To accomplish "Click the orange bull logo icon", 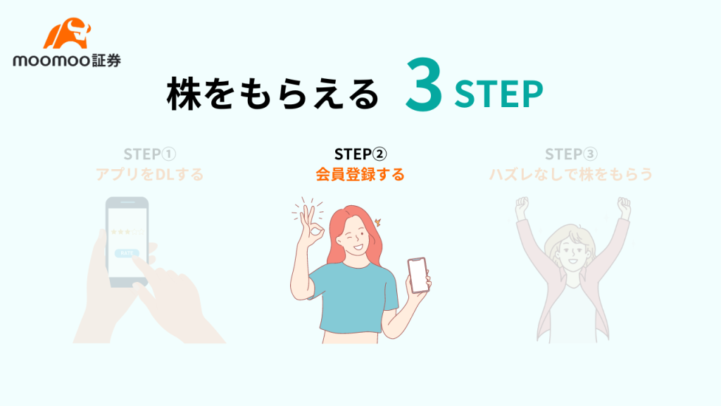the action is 67,33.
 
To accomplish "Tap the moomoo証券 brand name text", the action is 67,61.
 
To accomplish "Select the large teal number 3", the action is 424,85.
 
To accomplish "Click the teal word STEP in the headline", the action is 499,94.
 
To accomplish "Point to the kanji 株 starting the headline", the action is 184,94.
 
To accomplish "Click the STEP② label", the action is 360,154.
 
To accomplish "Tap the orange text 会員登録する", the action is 360,175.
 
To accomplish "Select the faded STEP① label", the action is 150,154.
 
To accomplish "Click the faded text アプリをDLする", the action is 149,175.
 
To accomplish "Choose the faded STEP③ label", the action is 571,154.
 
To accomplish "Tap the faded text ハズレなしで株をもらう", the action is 571,175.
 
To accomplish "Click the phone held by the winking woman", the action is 418,276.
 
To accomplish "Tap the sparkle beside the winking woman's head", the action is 378,223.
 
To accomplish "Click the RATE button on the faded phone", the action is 127,253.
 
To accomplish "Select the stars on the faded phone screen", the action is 127,232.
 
